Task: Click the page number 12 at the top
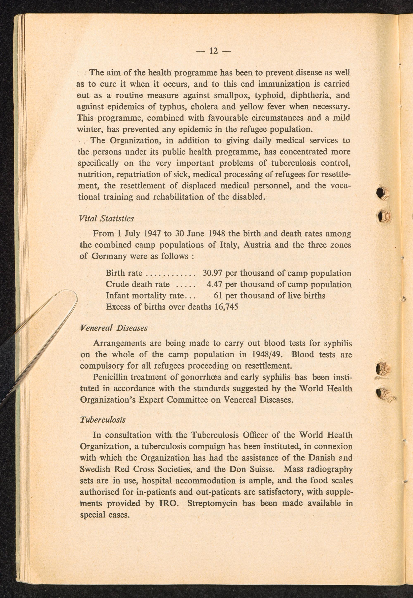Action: [x=214, y=51]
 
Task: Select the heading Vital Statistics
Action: [x=106, y=219]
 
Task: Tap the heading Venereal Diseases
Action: [x=114, y=328]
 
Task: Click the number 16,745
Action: [x=226, y=307]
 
